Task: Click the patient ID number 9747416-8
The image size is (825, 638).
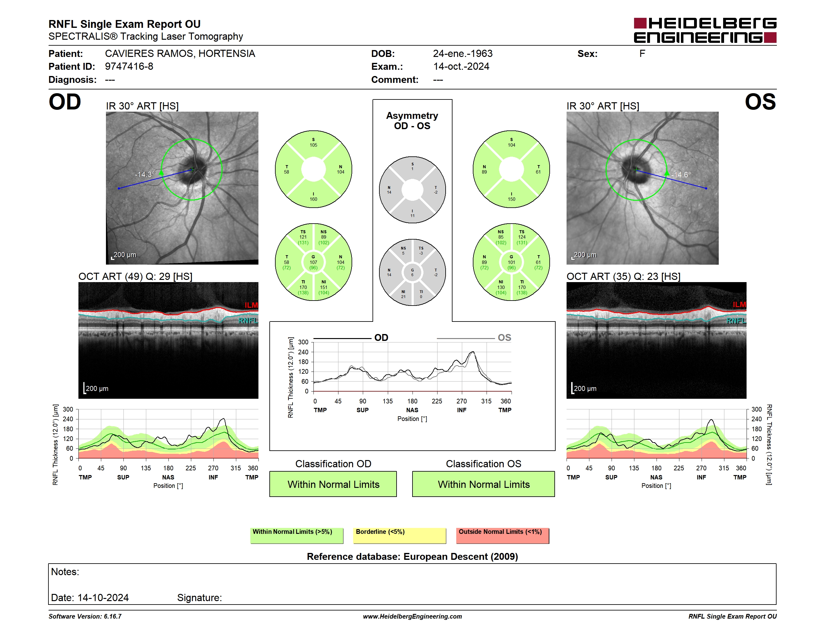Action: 129,67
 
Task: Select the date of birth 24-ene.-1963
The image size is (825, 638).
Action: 462,54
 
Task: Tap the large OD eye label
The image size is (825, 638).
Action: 65,102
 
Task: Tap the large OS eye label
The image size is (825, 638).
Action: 760,102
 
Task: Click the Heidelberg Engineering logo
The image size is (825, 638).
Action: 705,30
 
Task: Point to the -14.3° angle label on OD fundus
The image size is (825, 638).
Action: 145,174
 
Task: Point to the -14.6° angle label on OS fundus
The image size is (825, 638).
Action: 681,175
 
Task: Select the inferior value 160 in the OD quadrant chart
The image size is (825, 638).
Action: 313,199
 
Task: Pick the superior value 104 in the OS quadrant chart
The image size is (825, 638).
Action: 512,145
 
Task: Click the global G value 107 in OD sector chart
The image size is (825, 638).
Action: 313,262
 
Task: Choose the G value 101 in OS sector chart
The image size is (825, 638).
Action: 512,262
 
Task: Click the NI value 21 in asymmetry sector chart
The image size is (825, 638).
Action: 403,297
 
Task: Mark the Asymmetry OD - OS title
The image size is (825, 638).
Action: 412,121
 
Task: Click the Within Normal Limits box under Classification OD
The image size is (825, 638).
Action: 333,484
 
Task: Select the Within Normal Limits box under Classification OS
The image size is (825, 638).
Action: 483,484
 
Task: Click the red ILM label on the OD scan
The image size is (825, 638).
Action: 251,305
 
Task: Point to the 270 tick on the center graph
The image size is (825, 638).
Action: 462,401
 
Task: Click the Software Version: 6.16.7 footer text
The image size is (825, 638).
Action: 85,616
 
